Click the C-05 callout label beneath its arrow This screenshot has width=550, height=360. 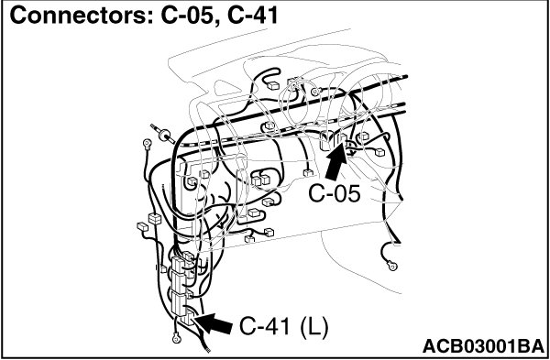335,193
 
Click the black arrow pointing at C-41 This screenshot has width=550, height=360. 214,323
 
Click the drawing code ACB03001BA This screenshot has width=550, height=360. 483,347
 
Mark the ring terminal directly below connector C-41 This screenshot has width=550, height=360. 176,338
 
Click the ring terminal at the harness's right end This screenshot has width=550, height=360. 392,266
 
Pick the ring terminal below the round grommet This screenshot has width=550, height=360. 147,143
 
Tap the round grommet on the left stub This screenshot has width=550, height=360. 164,135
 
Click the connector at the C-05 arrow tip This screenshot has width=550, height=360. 342,137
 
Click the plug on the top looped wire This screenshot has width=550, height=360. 273,85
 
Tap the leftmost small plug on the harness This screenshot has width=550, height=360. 142,226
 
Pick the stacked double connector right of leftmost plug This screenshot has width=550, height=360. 155,218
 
